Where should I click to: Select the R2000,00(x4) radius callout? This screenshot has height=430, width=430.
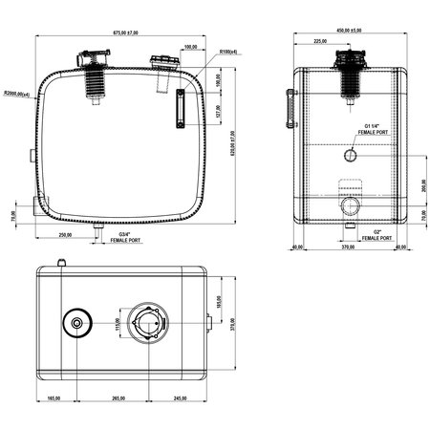click(x=17, y=94)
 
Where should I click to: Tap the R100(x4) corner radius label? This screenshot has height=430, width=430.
click(x=227, y=52)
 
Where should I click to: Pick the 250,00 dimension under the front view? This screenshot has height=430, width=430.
click(x=65, y=234)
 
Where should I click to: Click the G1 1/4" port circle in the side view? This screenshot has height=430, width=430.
click(x=351, y=154)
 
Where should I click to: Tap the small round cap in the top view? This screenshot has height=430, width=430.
click(x=76, y=325)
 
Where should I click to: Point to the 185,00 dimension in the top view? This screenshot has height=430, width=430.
click(x=218, y=301)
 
